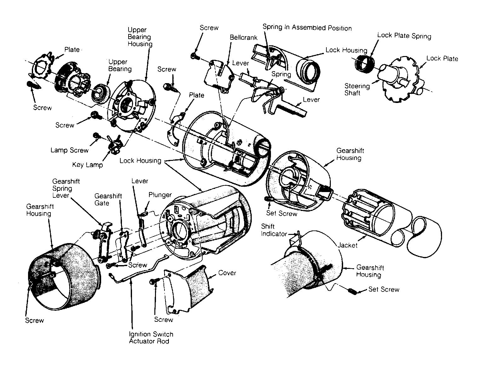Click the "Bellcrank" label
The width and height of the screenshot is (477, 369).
[244, 37]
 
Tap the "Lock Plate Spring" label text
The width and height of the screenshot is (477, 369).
[404, 36]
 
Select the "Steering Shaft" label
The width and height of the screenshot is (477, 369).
[357, 89]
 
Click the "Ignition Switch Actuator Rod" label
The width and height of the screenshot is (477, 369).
[151, 338]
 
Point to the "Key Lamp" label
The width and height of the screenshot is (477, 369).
[87, 165]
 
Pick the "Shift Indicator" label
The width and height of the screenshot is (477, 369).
[274, 230]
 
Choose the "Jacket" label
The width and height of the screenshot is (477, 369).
[347, 245]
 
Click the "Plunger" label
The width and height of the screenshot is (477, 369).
[160, 195]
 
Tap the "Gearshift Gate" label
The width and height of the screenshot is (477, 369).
[108, 199]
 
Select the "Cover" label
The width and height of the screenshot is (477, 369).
[227, 273]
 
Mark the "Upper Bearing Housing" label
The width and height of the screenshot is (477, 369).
[140, 37]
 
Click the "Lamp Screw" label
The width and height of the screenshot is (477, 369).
[69, 150]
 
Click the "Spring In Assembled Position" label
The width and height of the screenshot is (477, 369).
[307, 27]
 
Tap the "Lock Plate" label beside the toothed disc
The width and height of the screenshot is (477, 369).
[442, 58]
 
